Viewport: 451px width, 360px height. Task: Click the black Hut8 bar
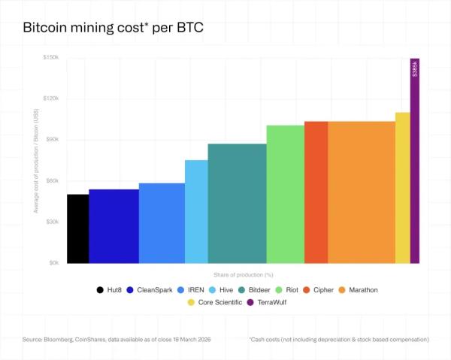(77, 228)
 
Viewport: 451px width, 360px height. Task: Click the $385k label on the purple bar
(415, 68)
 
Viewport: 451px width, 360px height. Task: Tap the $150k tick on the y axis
(51, 57)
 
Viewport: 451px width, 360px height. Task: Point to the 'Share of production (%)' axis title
(238, 274)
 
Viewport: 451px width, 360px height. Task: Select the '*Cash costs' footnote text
(338, 340)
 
